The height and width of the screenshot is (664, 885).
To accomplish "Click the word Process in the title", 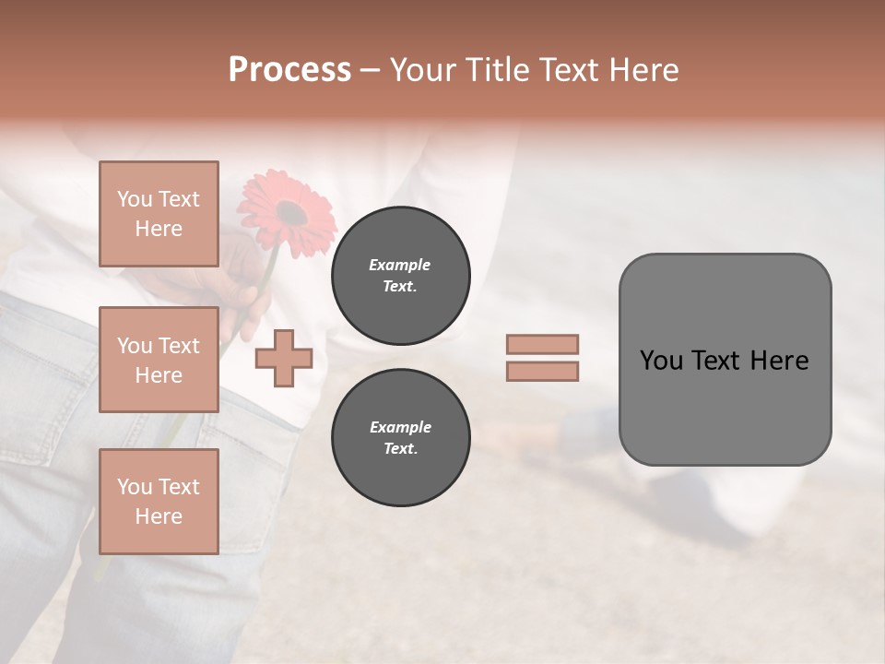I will click(289, 70).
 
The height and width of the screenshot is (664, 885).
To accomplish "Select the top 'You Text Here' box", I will click(159, 214).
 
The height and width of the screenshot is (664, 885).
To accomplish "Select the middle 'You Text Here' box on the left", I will click(159, 360).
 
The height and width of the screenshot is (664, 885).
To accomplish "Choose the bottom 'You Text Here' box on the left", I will click(159, 501).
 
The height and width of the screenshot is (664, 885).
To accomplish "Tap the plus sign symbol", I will click(284, 359).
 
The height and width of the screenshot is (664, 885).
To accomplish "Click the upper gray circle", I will click(400, 276).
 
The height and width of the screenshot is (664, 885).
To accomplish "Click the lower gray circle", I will click(400, 438).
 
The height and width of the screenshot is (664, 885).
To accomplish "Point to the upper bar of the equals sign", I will click(542, 344).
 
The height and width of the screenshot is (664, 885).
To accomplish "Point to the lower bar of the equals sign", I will click(542, 371).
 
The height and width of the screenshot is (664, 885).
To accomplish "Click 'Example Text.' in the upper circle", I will click(400, 276).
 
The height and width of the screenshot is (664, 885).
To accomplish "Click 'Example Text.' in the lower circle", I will click(400, 438).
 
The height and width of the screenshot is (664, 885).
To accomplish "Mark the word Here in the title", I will click(642, 70).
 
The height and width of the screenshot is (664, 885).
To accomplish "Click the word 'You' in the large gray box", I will click(661, 361).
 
